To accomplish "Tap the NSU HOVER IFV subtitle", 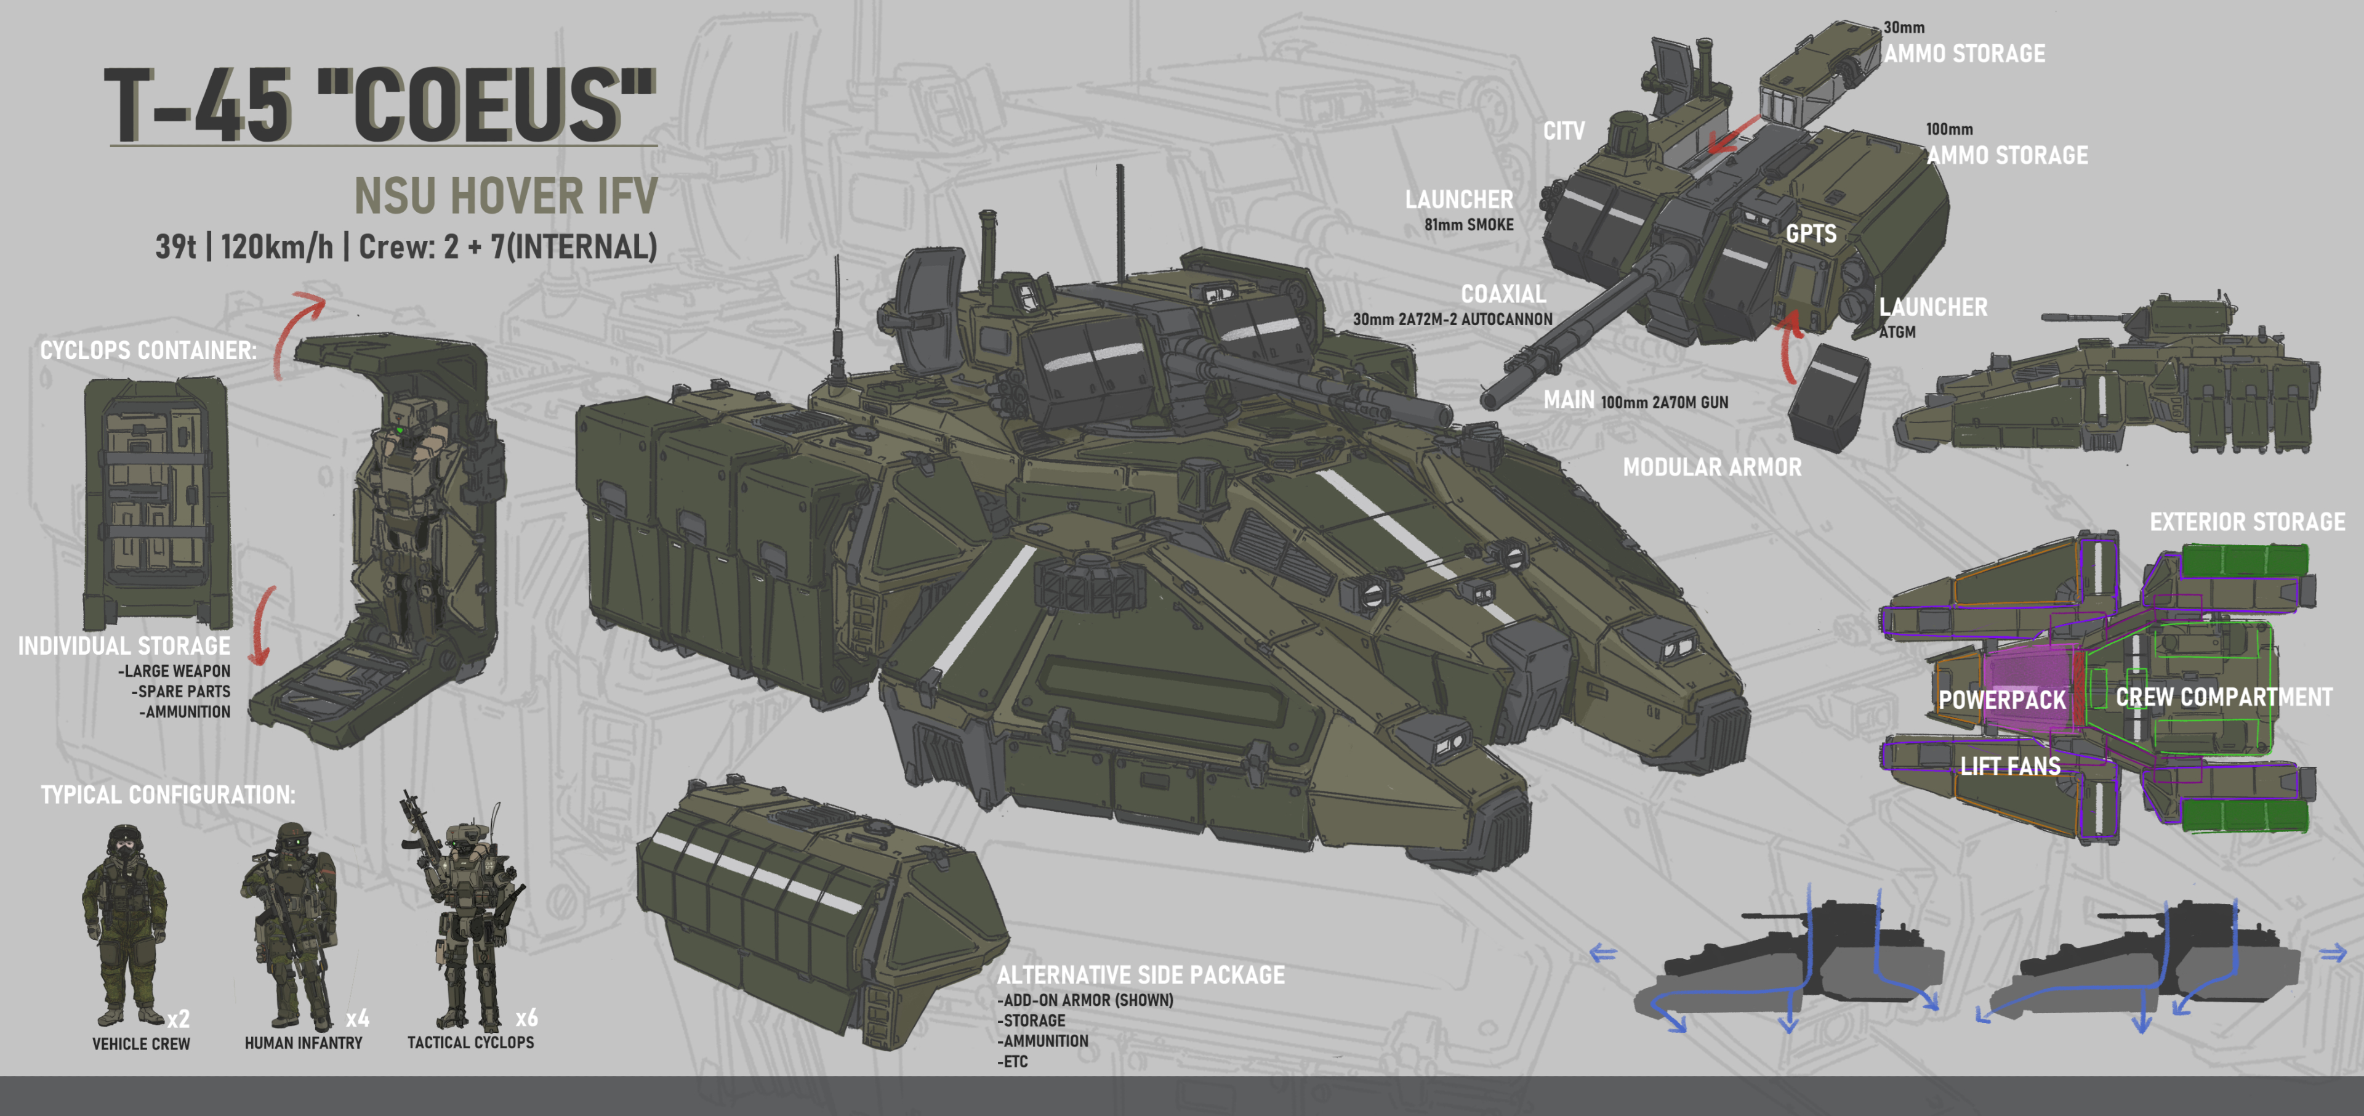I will (505, 195).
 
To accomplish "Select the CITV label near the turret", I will (1563, 131).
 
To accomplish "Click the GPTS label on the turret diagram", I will (1811, 234).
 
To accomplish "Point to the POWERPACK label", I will (2001, 700).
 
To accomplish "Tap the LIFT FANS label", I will (2010, 766).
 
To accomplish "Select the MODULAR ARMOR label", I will (1711, 467).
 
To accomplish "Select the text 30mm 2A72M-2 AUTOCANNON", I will (1452, 320).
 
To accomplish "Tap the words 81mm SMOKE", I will (1468, 225).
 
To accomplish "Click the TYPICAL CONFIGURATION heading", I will (168, 795).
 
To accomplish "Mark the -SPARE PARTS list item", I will (181, 691).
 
